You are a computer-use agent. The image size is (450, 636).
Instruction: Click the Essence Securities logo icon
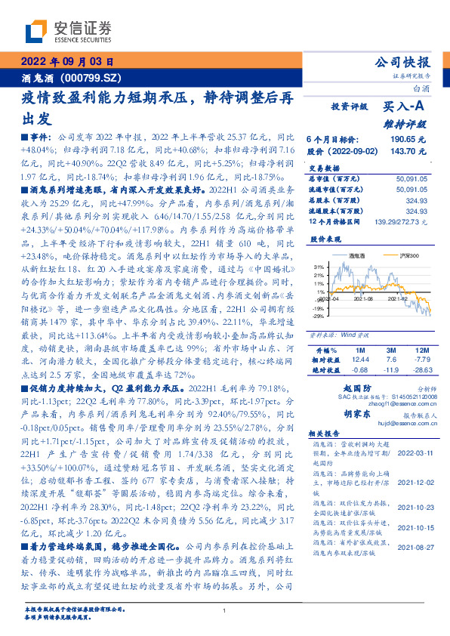point(39,29)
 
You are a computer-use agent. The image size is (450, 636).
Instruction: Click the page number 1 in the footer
point(225,611)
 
